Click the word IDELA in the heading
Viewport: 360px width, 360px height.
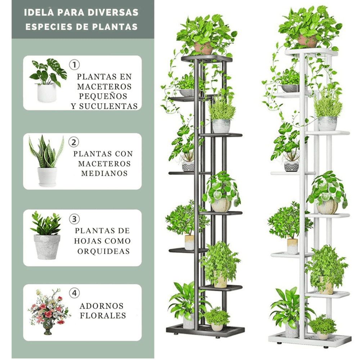(x=39, y=12)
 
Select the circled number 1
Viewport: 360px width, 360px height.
(x=75, y=65)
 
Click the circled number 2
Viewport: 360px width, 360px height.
(x=74, y=142)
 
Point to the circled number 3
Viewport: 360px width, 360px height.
(x=75, y=219)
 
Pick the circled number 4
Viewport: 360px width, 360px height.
(x=75, y=293)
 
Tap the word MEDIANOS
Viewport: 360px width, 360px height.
(x=104, y=174)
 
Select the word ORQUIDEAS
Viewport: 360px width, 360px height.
(x=104, y=251)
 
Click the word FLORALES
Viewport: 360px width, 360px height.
(x=103, y=315)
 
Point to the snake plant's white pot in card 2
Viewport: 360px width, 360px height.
(x=47, y=176)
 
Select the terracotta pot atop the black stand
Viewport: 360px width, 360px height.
(x=203, y=48)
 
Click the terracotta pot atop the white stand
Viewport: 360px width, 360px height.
(x=307, y=41)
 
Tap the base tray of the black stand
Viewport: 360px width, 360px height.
(x=205, y=330)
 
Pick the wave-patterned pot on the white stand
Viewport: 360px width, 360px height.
(x=292, y=166)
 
